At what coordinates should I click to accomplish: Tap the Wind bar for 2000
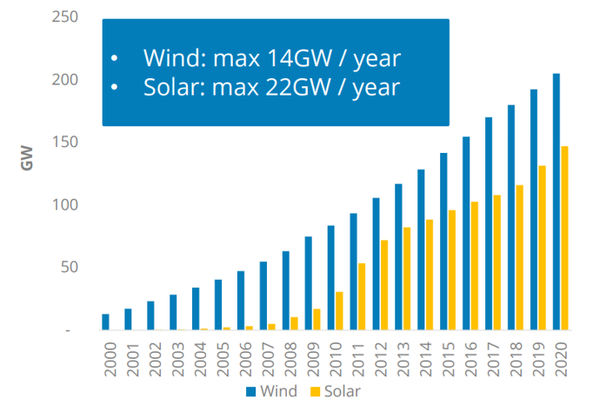105,322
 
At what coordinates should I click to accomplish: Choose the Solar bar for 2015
452,270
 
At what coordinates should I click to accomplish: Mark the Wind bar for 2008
285,291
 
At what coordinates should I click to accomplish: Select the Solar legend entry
336,391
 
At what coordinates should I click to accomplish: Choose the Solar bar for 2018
520,257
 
